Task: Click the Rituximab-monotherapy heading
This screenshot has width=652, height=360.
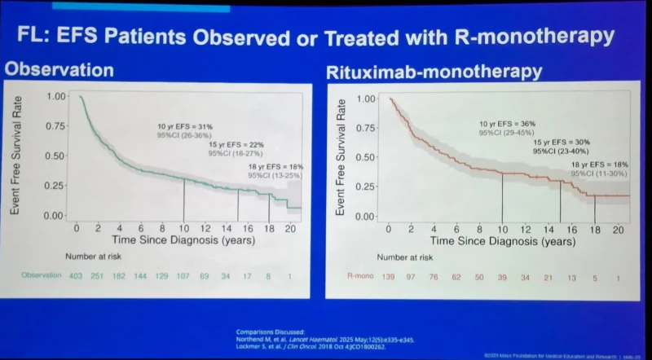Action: pos(434,72)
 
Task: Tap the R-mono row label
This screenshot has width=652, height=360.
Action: pos(359,279)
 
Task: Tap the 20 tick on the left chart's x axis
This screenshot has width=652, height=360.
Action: pos(289,229)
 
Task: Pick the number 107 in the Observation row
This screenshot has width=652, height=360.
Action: pos(184,275)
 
